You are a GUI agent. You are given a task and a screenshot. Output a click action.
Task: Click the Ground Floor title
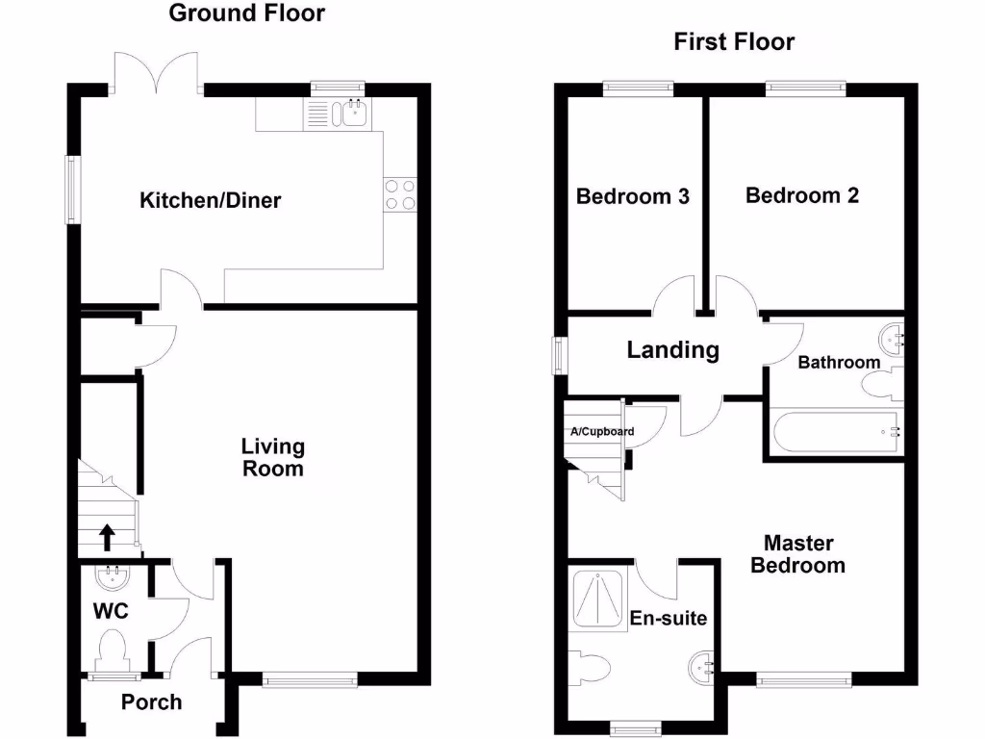(x=247, y=13)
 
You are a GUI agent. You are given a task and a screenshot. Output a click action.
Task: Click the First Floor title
(x=734, y=42)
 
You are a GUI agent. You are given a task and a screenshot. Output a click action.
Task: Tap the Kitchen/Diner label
(x=211, y=201)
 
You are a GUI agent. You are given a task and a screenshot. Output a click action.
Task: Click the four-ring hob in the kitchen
(x=400, y=194)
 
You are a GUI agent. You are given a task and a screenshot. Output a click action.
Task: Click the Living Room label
(x=272, y=458)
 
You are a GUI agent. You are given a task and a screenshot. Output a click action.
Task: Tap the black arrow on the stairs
(x=106, y=534)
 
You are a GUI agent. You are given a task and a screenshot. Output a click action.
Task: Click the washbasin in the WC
(x=114, y=577)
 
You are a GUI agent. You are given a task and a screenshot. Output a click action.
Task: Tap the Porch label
(x=151, y=702)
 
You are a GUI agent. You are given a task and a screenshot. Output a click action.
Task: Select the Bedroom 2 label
(x=802, y=195)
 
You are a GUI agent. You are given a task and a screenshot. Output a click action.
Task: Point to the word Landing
(x=672, y=350)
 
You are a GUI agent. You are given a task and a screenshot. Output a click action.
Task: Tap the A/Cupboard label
(x=602, y=432)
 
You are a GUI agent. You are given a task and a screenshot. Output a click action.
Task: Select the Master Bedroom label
(x=797, y=555)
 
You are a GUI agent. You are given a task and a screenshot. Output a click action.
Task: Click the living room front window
(x=310, y=680)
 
